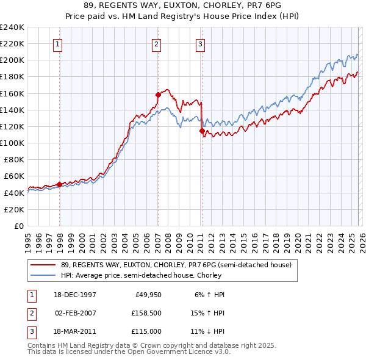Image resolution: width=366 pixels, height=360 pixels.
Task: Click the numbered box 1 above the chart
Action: (57, 43)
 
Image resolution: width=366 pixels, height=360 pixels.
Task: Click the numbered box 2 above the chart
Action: (156, 43)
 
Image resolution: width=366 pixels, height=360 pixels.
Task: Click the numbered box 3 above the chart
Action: (200, 43)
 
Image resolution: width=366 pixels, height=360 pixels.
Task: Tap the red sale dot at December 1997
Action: (59, 184)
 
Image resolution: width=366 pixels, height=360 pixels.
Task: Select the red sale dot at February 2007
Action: (158, 95)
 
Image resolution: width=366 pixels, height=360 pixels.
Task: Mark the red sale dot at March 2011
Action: (202, 131)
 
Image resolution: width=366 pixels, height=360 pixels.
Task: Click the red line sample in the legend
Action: (43, 265)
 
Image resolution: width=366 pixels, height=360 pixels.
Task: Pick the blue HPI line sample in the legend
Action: (43, 275)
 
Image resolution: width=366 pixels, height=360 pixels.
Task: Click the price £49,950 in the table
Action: (146, 295)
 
